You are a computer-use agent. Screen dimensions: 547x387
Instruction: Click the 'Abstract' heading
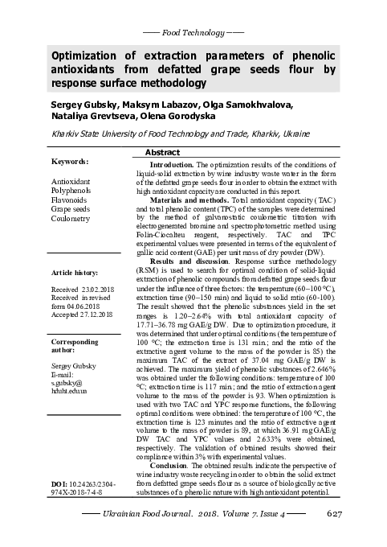click(x=162, y=152)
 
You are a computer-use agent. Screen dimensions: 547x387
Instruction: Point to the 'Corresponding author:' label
click(x=74, y=346)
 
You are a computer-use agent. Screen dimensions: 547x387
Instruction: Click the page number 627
click(x=335, y=513)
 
